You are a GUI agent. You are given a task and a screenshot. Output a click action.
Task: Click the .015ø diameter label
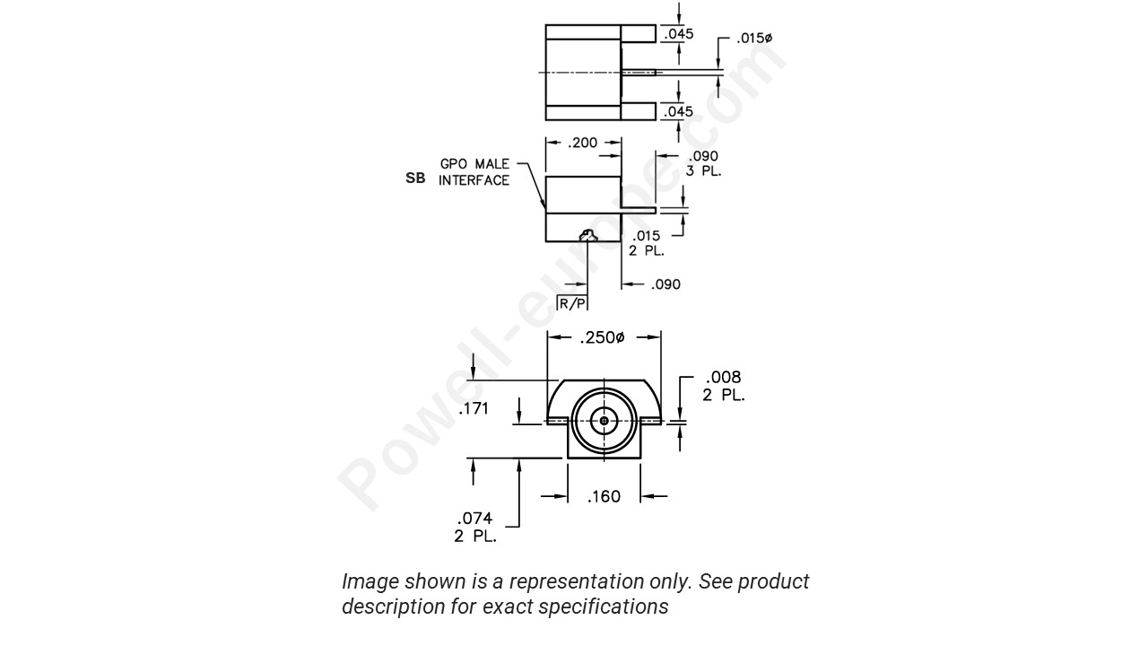(x=754, y=39)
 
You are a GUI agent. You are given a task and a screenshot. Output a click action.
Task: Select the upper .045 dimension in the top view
(x=678, y=35)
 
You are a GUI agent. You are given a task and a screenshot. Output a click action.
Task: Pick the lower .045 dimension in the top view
(x=678, y=111)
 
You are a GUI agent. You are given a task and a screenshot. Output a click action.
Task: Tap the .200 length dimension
(x=584, y=143)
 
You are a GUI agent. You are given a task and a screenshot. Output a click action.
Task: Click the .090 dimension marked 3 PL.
(x=703, y=162)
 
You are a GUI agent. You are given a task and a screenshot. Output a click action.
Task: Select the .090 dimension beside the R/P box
(x=665, y=284)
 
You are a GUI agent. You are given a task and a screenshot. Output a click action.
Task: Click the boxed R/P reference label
(x=572, y=304)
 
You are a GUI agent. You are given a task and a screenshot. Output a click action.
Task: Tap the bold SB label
(x=415, y=179)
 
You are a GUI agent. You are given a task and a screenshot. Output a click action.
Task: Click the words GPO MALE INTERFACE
(x=474, y=172)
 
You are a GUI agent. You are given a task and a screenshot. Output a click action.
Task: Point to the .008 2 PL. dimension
(x=723, y=385)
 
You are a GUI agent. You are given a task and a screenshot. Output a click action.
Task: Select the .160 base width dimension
(x=604, y=496)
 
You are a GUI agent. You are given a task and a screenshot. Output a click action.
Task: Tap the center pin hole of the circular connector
(x=604, y=420)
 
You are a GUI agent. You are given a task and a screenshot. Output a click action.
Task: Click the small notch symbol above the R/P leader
(x=587, y=236)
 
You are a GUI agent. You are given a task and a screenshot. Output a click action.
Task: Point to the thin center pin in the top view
(x=639, y=73)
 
